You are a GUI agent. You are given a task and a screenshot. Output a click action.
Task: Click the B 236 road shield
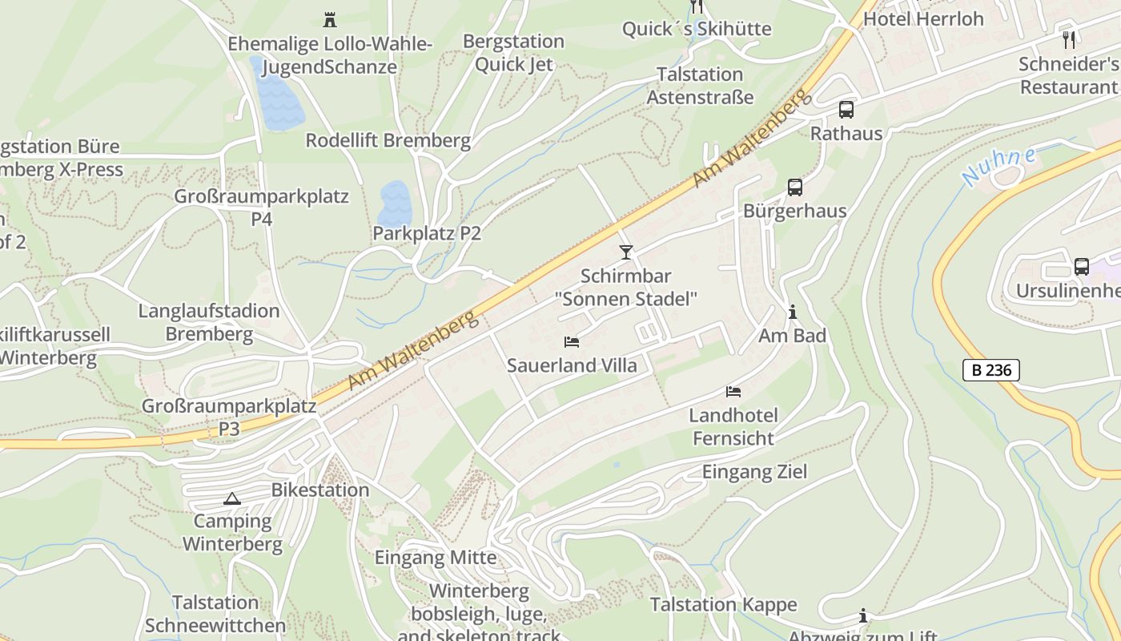pos(990,370)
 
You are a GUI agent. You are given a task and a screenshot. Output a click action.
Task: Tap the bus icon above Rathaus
pos(846,110)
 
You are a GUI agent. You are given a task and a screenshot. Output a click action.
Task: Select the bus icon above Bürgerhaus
pos(794,187)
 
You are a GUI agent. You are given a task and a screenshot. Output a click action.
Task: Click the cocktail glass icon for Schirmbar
pos(626,252)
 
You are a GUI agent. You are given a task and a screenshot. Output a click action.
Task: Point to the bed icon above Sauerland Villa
pos(572,342)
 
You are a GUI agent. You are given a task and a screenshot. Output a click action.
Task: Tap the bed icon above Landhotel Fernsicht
pos(733,392)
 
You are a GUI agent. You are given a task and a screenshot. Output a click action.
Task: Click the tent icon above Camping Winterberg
pos(232,498)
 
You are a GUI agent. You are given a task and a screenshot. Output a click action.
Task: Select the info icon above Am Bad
pos(793,312)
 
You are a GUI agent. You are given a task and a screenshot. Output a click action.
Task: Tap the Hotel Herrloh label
pos(923,18)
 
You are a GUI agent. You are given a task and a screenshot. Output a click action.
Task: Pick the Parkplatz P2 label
pos(427,233)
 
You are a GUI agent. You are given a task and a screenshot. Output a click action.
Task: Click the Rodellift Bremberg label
pos(388,140)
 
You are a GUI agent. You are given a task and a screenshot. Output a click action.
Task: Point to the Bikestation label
pos(320,490)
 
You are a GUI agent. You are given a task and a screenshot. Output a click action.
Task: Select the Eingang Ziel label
pos(754,471)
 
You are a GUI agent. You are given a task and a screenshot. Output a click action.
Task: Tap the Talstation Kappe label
pos(723,604)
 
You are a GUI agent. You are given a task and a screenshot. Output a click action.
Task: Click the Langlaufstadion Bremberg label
pos(208,322)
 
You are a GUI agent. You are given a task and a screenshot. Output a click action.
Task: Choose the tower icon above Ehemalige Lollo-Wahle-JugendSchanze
pos(329,19)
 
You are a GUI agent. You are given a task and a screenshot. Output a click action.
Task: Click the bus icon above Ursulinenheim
pos(1081,267)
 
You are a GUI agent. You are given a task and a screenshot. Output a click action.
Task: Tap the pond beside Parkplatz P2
pos(395,203)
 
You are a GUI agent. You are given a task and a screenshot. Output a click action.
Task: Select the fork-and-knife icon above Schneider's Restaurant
pos(1068,39)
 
